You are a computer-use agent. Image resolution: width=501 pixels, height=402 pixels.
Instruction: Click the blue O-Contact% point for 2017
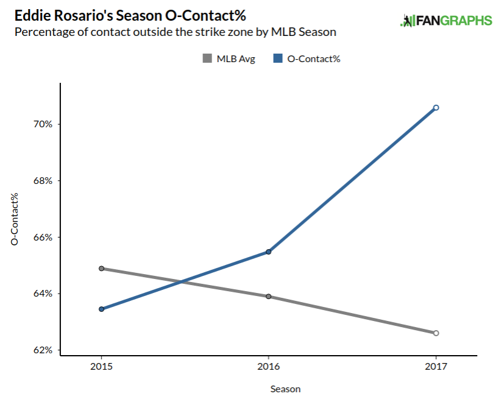tap(436, 108)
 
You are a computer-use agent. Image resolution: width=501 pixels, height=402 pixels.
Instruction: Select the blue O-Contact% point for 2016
tap(268, 252)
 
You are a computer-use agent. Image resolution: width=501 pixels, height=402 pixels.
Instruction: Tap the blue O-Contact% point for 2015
tap(101, 309)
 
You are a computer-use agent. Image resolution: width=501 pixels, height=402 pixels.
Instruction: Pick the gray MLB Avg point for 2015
tap(101, 268)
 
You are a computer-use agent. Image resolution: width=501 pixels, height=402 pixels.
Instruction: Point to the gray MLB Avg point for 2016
tap(268, 297)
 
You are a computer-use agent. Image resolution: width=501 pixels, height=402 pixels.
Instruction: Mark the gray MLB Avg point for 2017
tap(436, 333)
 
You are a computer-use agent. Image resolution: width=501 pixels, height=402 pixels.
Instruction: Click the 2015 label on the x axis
tap(101, 367)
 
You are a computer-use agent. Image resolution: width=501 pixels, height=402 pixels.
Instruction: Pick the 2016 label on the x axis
tap(268, 367)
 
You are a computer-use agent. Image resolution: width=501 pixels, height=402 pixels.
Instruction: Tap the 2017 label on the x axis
tap(436, 367)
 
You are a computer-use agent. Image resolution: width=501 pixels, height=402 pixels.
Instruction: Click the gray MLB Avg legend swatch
tap(207, 59)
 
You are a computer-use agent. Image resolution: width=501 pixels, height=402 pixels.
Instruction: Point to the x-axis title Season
tap(285, 389)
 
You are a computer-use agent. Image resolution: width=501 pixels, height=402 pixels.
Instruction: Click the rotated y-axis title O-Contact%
tap(15, 219)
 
